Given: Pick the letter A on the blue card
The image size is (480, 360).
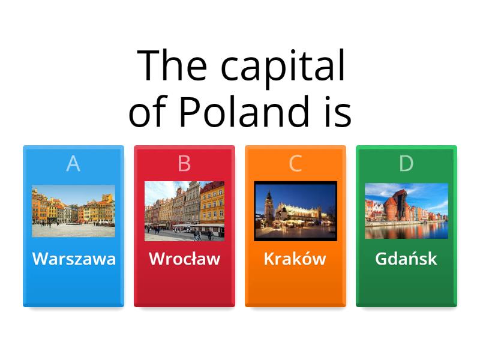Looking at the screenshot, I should (73, 163).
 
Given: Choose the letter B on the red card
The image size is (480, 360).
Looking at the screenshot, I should (184, 163).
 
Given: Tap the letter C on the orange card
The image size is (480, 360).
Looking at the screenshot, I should (295, 163).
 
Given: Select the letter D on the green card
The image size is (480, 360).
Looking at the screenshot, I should (406, 163).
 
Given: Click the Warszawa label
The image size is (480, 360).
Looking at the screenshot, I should (74, 259).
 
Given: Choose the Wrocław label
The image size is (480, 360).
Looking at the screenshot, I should (184, 259).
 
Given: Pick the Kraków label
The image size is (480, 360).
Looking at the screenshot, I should (295, 259).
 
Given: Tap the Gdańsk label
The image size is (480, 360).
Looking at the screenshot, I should (406, 259).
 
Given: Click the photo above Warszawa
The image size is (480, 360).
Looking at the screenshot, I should (73, 211).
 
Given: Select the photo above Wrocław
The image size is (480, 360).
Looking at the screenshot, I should (184, 211).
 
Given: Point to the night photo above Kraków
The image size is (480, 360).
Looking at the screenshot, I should (295, 211).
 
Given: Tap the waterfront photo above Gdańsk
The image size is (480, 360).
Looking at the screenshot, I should (406, 211).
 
